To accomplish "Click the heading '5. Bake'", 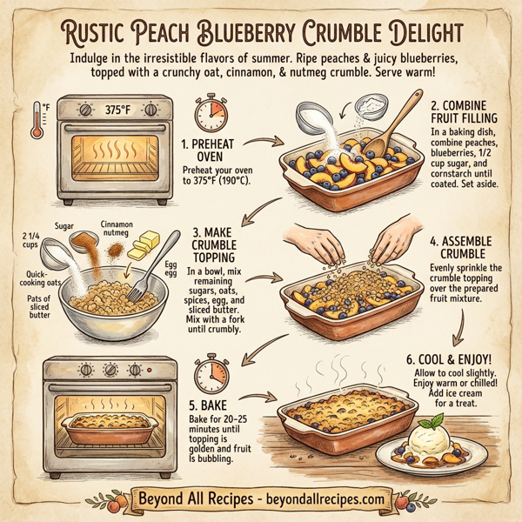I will click(206, 405).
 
